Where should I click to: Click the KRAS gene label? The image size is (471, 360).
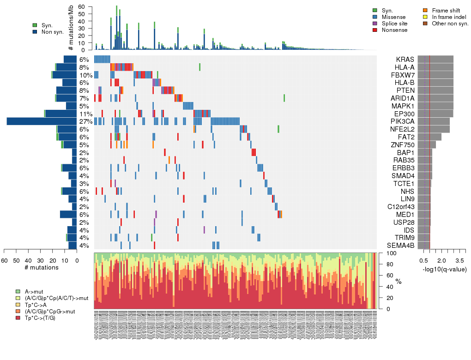(405, 60)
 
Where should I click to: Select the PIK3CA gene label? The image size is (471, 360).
(403, 121)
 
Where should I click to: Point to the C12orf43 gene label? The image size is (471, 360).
(401, 207)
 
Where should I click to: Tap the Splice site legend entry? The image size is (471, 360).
(394, 24)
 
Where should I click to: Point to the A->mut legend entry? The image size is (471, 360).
(34, 292)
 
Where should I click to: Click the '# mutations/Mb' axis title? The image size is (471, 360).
(71, 29)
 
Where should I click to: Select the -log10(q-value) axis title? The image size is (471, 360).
(443, 269)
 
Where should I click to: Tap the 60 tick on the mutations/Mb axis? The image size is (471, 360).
(82, 7)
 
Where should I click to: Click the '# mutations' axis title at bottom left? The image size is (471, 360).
(42, 268)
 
